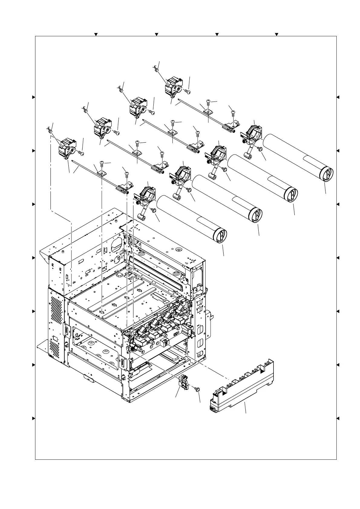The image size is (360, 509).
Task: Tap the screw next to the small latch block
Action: [x=197, y=389]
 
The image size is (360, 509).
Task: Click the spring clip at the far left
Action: [x=50, y=130]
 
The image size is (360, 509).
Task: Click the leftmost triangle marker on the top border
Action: [x=96, y=34]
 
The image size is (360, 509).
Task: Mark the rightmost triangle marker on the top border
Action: [x=277, y=34]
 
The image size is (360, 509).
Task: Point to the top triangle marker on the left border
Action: [x=34, y=97]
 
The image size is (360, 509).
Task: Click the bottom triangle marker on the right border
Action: [x=338, y=419]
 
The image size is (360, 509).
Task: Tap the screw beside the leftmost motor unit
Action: [x=81, y=153]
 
